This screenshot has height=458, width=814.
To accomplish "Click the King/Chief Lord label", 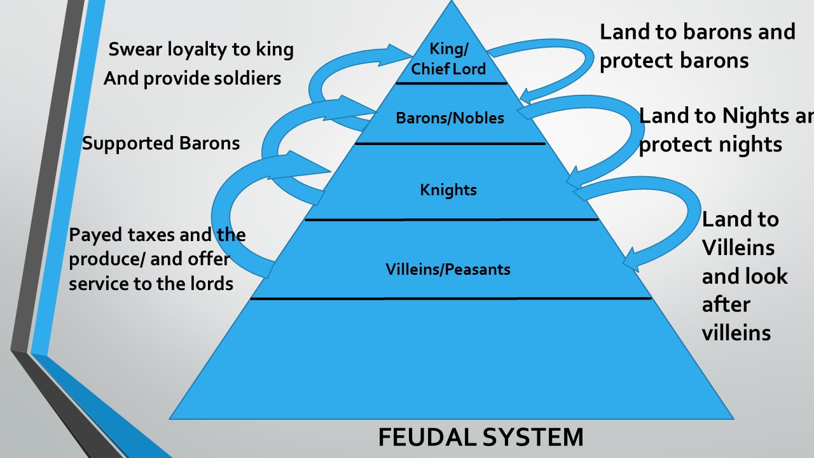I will click(448, 59).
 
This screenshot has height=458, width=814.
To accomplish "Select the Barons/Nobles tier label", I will click(450, 118).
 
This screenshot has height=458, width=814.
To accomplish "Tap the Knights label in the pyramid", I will click(448, 190).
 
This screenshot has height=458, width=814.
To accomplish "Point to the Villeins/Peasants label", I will click(448, 269).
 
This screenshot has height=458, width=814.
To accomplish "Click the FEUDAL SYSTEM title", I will click(480, 438).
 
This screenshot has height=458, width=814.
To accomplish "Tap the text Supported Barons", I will click(161, 143).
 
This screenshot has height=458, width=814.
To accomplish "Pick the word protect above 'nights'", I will click(677, 144).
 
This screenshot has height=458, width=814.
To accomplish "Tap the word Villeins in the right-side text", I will click(738, 247).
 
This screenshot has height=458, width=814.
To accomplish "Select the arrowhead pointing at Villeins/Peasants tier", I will click(631, 261).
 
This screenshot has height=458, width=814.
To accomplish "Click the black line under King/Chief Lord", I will click(452, 83).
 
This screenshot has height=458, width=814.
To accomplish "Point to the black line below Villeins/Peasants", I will click(451, 298).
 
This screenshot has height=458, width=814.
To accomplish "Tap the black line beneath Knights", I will click(452, 219).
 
